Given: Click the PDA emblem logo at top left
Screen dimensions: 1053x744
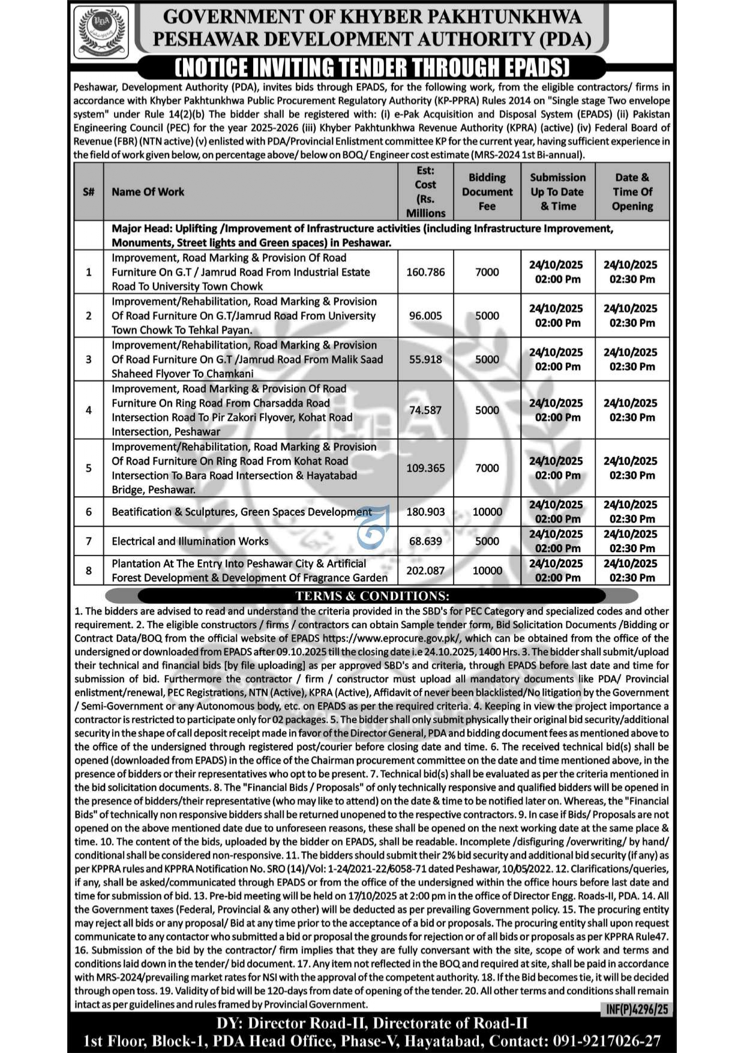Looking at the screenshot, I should click(101, 31).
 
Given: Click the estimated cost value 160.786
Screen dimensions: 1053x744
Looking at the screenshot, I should click(425, 272).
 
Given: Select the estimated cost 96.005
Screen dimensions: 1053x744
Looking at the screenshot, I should click(425, 316).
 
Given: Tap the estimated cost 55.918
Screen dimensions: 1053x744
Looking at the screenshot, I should click(425, 359).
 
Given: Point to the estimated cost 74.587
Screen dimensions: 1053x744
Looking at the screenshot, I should click(425, 410).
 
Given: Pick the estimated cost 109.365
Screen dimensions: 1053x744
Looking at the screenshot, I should click(425, 468).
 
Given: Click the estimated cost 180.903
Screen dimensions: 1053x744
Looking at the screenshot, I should click(425, 512).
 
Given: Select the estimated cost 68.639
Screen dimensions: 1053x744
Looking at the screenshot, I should click(425, 541).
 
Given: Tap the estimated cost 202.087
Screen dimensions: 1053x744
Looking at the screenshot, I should click(425, 571).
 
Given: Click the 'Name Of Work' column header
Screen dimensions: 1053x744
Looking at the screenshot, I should click(148, 192).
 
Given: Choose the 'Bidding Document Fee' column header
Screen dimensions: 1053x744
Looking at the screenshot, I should click(487, 192).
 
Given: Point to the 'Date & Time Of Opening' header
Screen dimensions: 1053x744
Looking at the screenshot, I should click(632, 192).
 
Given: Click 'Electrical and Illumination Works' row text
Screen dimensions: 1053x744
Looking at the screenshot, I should click(190, 541).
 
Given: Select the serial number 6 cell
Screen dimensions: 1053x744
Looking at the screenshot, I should click(89, 512).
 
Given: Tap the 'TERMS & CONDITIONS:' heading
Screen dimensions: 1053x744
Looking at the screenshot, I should click(372, 596).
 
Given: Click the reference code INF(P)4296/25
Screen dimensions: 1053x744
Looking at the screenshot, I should click(637, 1009).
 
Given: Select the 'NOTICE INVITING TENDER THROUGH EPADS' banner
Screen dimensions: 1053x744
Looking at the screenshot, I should click(372, 67).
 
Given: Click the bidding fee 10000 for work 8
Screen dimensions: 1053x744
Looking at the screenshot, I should click(487, 571).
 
